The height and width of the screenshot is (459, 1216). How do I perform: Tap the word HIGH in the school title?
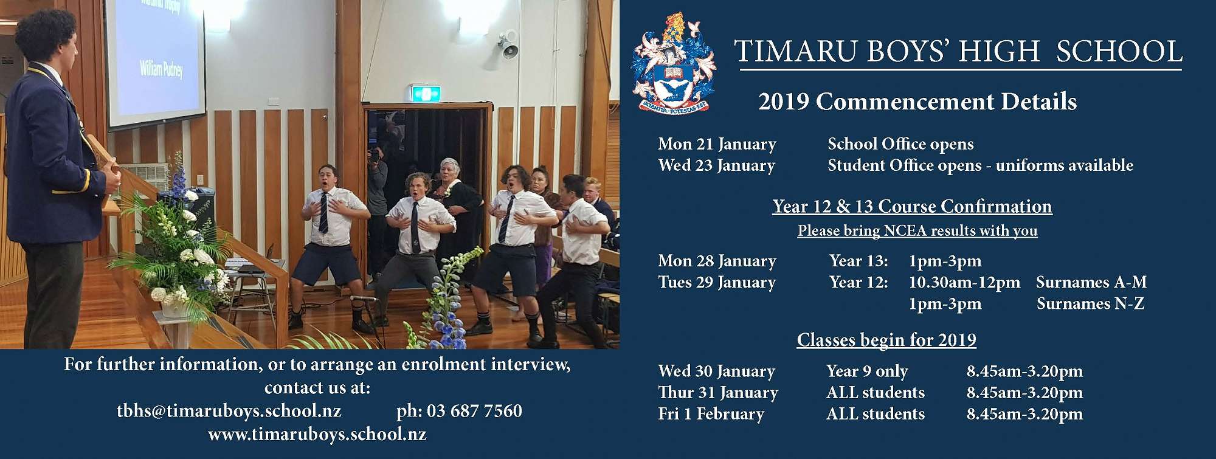(999, 51)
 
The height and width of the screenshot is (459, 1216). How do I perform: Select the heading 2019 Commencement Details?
(917, 102)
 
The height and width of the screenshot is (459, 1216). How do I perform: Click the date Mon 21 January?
(717, 144)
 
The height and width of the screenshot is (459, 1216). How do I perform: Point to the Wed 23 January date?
(716, 165)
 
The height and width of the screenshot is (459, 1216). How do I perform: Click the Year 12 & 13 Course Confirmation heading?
(912, 207)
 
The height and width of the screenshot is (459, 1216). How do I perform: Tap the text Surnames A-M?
(1091, 282)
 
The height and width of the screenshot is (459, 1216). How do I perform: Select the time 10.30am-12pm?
(964, 283)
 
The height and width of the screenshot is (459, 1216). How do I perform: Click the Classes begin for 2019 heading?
(886, 340)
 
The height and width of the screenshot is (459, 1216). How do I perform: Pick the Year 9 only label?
(867, 371)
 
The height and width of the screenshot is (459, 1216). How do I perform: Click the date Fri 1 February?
(711, 414)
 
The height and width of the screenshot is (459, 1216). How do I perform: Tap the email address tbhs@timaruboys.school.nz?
(229, 411)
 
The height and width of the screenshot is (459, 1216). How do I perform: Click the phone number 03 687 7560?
(474, 411)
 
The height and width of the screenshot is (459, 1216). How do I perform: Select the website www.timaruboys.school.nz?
(317, 435)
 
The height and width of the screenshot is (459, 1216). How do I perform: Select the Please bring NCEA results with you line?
(917, 231)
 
